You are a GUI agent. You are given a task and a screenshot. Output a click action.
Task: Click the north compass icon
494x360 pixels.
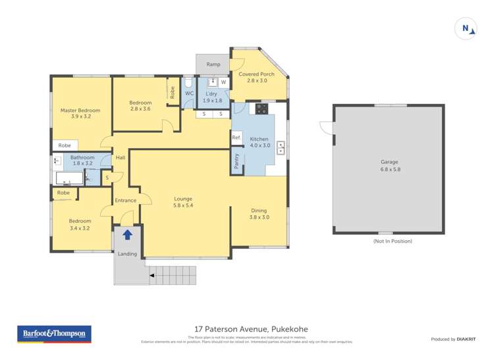point(466,29)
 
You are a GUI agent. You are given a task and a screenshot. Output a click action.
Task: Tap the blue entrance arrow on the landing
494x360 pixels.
point(127,233)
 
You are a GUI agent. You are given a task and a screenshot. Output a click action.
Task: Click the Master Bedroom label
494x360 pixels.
point(80,110)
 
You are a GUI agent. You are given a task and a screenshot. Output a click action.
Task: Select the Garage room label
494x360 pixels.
point(389,161)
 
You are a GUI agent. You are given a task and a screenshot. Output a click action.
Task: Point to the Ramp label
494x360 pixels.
point(213,64)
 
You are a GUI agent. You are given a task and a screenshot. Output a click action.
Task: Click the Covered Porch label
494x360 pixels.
point(256,74)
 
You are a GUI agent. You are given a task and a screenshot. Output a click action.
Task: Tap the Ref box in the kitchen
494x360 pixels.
point(236,138)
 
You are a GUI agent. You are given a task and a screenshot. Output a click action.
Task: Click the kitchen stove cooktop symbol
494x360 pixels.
point(261,109)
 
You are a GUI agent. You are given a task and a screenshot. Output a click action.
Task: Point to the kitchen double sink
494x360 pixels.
point(281,148)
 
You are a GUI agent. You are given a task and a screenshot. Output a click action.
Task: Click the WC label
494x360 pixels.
point(189,93)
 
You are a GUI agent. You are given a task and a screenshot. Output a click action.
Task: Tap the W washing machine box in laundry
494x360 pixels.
point(223,82)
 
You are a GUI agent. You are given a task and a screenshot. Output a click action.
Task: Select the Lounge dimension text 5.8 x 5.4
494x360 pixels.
point(182,205)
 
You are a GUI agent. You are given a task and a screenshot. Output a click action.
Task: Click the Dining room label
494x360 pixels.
point(259,211)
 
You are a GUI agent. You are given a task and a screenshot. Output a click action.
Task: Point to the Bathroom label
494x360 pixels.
point(82,158)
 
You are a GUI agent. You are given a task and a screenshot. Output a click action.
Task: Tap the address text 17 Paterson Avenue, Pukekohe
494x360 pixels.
point(251,329)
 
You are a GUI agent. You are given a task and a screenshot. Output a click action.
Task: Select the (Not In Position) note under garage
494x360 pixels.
point(392,242)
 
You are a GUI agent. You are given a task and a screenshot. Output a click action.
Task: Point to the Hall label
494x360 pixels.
point(121,158)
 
